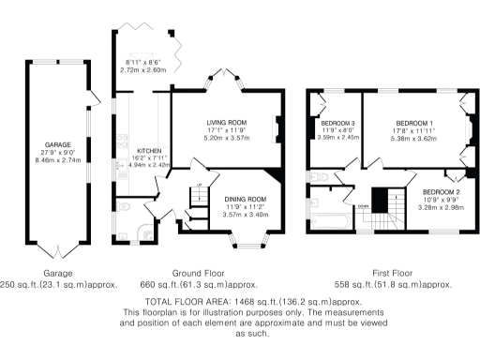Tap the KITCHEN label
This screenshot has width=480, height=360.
(x=150, y=150)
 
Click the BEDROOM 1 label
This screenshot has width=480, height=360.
(x=413, y=124)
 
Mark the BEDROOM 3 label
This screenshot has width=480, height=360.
(x=337, y=124)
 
